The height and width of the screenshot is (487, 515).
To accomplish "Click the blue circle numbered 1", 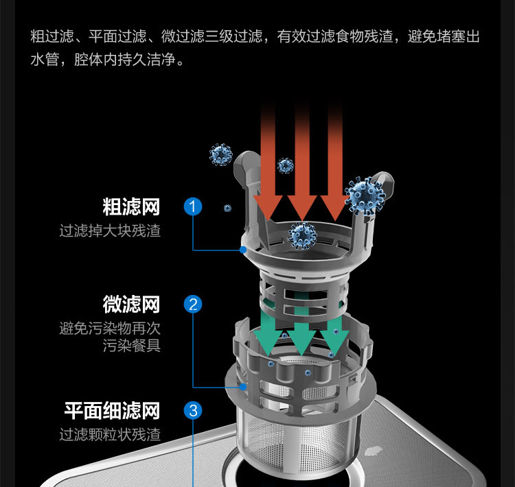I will pyautogui.click(x=193, y=206).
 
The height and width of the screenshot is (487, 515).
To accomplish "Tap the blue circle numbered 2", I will pyautogui.click(x=193, y=304).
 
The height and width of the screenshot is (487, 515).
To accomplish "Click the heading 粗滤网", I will pyautogui.click(x=131, y=206).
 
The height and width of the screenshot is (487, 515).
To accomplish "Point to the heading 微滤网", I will pyautogui.click(x=131, y=304).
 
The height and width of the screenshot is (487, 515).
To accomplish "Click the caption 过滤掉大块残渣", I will pyautogui.click(x=110, y=230).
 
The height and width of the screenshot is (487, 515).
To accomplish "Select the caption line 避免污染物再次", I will pyautogui.click(x=110, y=329).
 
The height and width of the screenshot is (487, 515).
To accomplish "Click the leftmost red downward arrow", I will pyautogui.click(x=267, y=165).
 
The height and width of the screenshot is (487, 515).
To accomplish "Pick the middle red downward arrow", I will pyautogui.click(x=301, y=165).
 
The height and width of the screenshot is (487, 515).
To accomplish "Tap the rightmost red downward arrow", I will pyautogui.click(x=335, y=165).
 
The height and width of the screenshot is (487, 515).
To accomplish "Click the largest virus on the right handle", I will pyautogui.click(x=365, y=195).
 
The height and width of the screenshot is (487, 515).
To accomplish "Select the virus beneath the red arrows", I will pyautogui.click(x=301, y=235).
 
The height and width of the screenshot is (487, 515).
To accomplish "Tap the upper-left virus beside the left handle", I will pyautogui.click(x=220, y=154).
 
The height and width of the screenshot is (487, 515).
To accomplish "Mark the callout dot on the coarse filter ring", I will pyautogui.click(x=243, y=250).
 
